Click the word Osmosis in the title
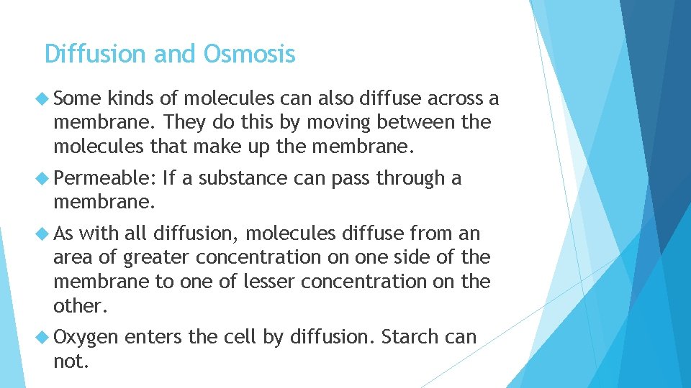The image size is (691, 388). pos(250,54)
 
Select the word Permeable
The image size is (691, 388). pos(105,177)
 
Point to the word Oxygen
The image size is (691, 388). pos(86,337)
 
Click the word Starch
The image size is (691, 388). pos(407,337)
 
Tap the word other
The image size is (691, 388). pos(80,306)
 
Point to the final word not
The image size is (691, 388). pos(71,361)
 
